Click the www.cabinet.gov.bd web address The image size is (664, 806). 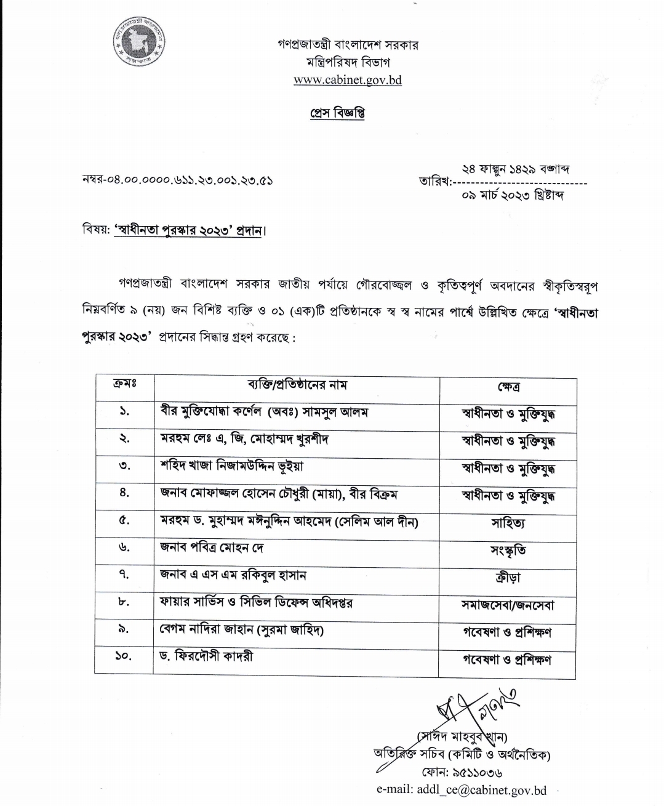point(347,80)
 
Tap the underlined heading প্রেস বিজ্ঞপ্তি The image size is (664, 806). point(337,114)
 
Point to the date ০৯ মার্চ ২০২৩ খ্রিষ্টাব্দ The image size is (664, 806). point(513,195)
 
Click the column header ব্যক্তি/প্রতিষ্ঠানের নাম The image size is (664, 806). point(297,385)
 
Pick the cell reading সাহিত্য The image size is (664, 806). point(508,523)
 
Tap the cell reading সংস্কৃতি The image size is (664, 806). point(508,550)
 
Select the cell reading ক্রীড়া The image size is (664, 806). point(508,578)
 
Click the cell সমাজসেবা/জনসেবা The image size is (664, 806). point(508,605)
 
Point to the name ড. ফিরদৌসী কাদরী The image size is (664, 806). point(206,656)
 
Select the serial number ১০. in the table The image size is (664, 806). point(123,657)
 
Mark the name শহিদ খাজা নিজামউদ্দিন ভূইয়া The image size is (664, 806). point(231,466)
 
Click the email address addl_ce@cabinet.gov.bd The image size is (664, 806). point(462,790)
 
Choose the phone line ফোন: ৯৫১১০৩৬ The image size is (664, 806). point(462,772)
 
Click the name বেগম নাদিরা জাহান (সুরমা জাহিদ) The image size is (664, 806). point(242,629)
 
